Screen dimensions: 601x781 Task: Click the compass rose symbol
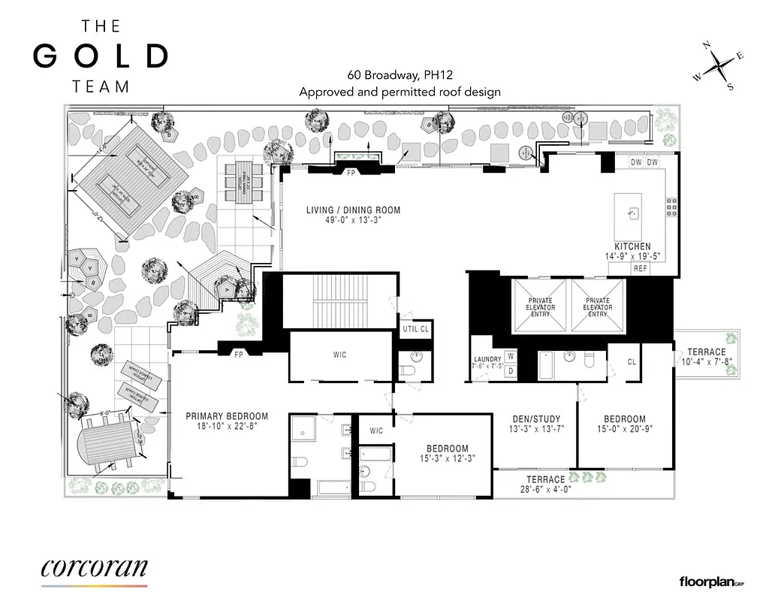719,66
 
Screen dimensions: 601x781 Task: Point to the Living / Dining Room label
353,210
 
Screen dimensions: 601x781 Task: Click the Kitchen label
632,246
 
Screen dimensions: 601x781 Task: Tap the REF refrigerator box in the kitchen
640,268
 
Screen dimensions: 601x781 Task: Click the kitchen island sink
633,213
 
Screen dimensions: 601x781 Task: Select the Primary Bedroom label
227,416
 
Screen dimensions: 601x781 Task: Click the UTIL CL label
415,329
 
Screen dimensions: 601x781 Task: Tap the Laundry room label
487,360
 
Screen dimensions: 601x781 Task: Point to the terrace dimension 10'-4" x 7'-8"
707,362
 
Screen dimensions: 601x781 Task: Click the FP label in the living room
350,172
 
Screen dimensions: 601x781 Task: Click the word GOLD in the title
101,56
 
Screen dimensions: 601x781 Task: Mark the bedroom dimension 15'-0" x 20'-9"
625,429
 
